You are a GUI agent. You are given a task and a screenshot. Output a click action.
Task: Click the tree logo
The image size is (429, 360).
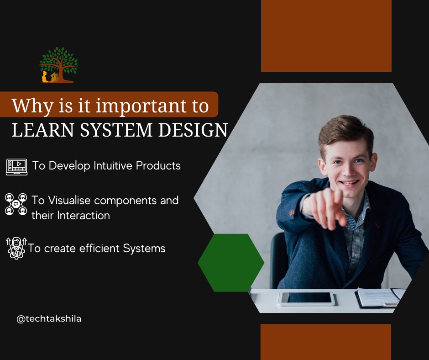[x=58, y=65]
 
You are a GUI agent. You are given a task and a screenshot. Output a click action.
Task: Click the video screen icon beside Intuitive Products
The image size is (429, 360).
[x=16, y=166]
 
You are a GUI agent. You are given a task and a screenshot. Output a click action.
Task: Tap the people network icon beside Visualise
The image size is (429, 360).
[x=16, y=204]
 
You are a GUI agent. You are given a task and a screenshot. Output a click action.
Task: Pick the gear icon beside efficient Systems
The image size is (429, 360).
[x=16, y=249]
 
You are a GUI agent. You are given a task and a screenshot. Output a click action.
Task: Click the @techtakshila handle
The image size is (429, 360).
[x=49, y=319]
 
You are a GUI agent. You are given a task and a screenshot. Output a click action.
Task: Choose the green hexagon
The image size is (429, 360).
[x=231, y=263]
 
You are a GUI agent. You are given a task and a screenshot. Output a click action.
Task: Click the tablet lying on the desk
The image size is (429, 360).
[x=307, y=298]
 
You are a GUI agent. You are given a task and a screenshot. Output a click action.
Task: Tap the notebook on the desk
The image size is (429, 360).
[x=379, y=297]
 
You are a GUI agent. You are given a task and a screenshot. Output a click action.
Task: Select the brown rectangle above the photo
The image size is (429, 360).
[x=326, y=36]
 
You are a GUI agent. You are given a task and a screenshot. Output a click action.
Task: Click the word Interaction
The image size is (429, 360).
[x=84, y=216]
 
